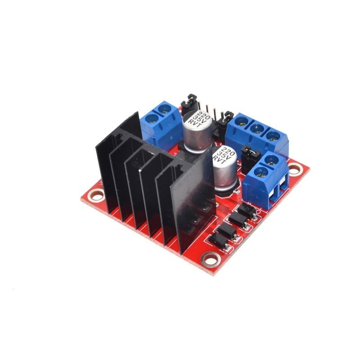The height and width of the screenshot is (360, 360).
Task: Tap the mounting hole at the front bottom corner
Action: (210, 259)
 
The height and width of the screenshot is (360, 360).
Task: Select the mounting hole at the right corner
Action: (294, 170)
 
